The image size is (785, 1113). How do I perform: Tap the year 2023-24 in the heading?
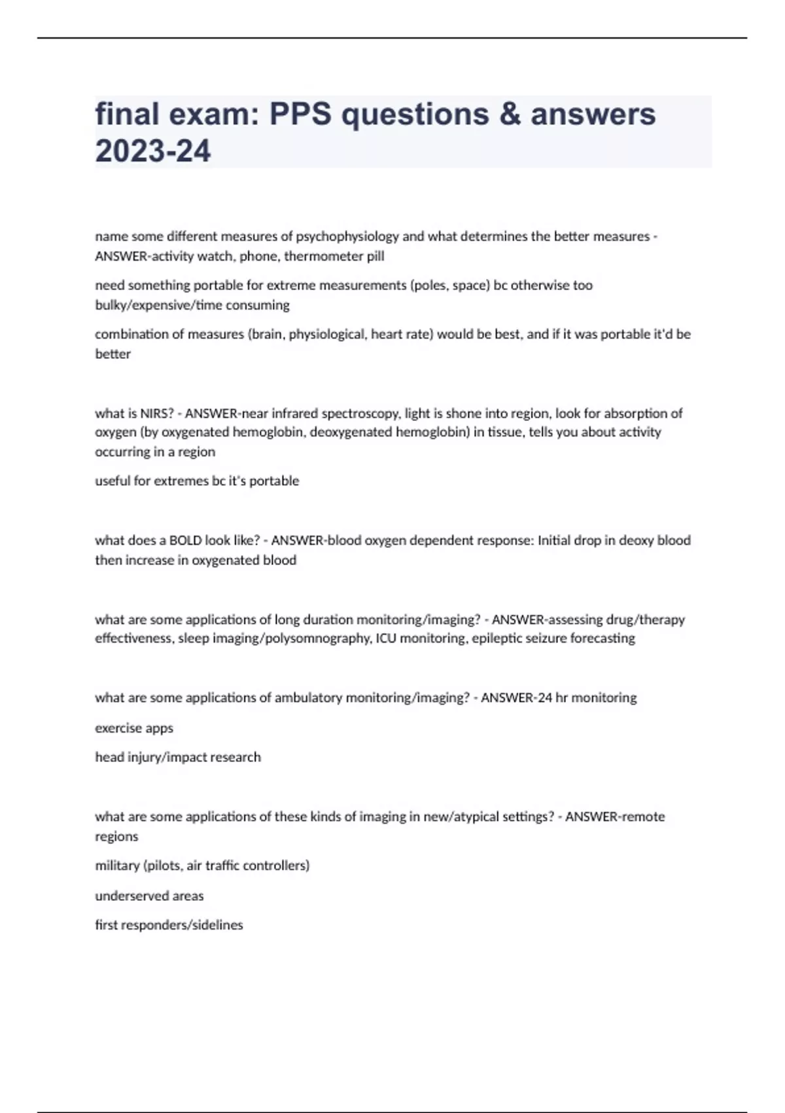tap(153, 151)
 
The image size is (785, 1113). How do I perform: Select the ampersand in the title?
tap(510, 115)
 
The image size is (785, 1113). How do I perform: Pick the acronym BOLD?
tap(185, 541)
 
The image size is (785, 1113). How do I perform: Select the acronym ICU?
tap(386, 638)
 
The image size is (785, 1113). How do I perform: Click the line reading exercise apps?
tap(134, 728)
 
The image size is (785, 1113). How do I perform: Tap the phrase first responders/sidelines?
tap(169, 925)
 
